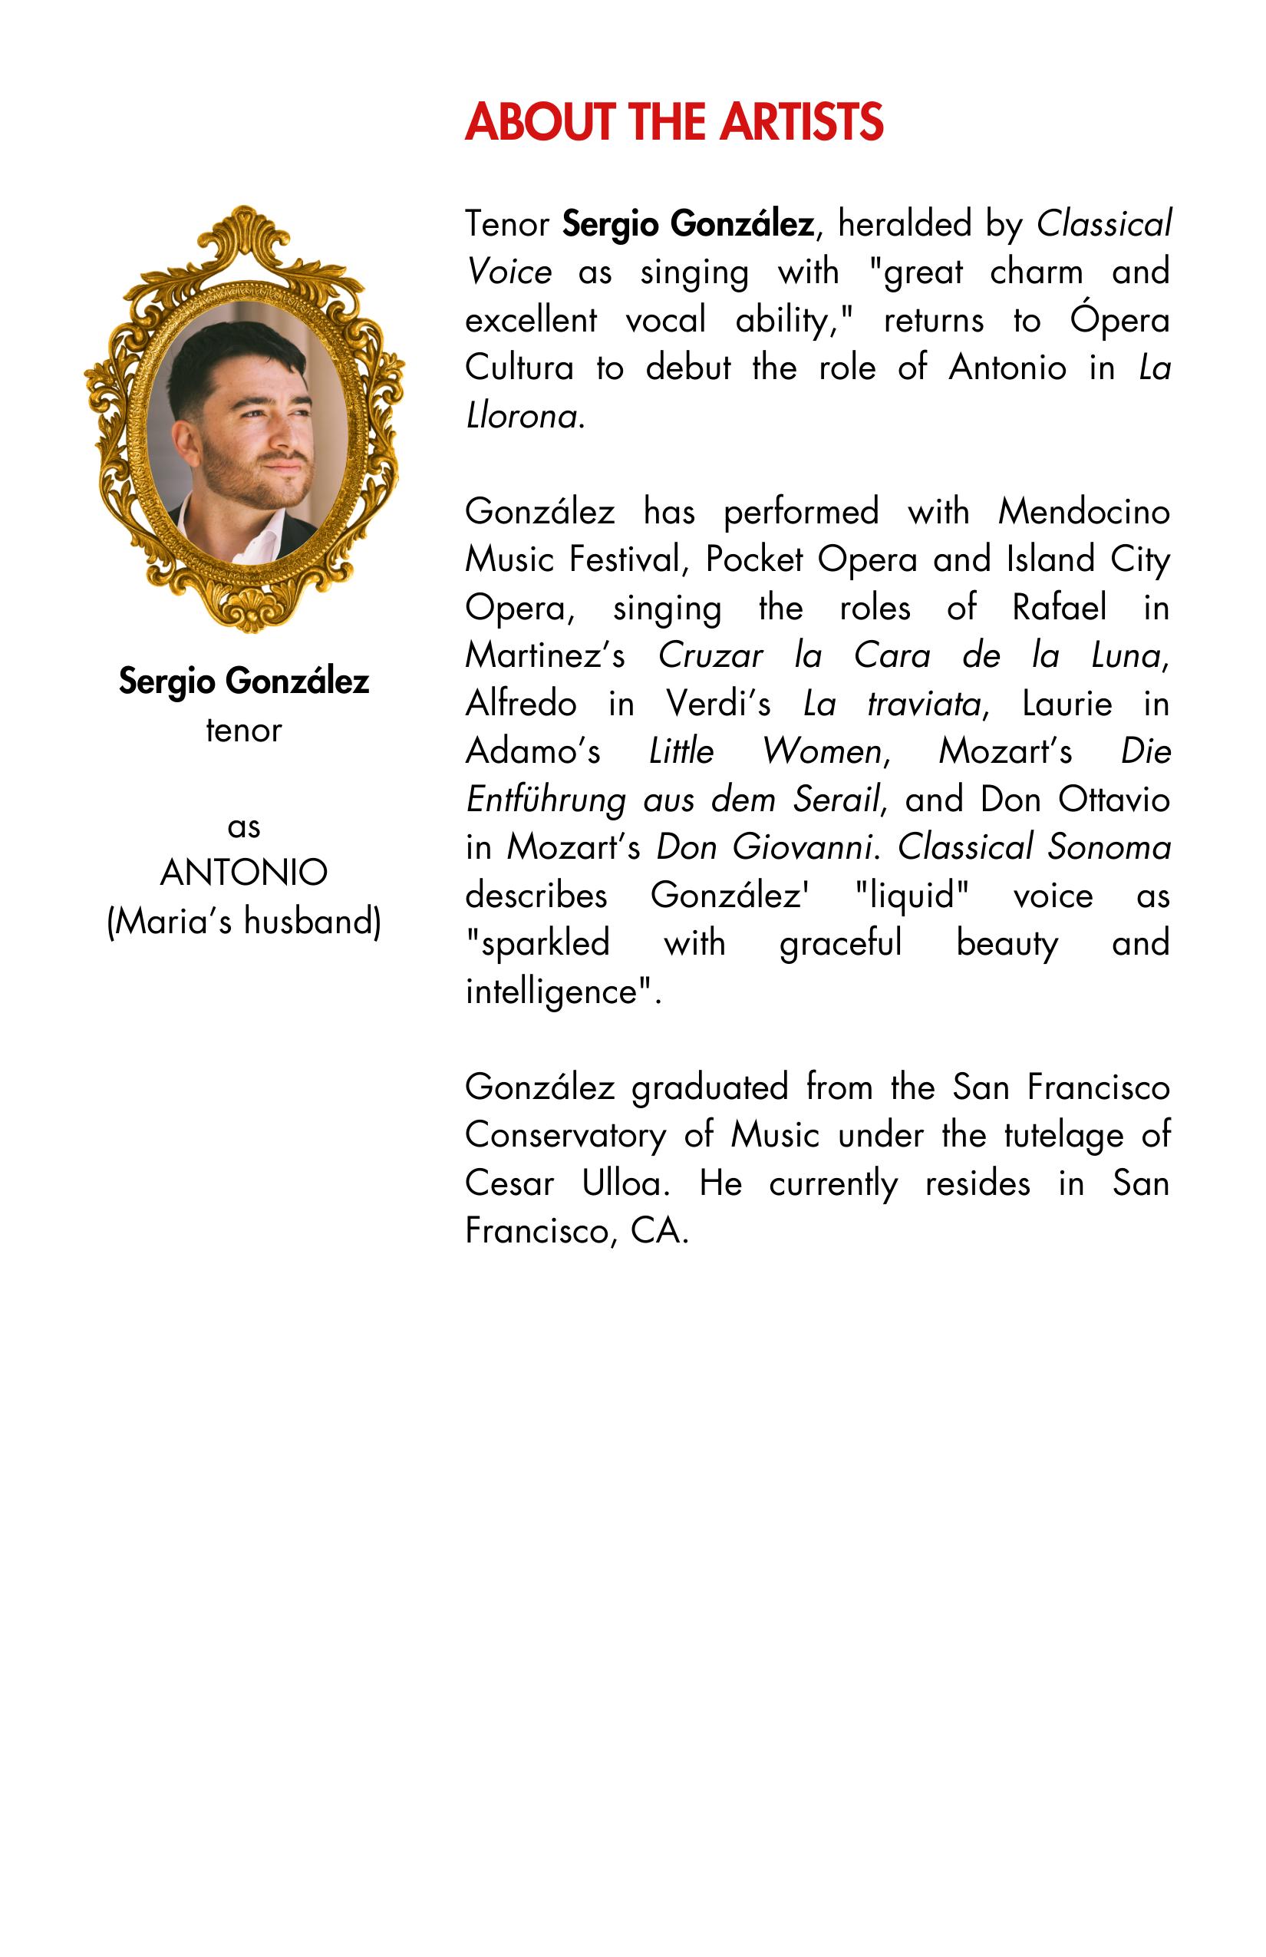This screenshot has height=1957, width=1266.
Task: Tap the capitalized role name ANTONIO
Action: click(244, 873)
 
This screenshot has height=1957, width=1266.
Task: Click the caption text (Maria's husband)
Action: click(244, 921)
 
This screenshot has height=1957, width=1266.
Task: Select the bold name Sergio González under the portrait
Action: click(244, 681)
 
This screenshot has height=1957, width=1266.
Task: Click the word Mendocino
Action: click(1083, 511)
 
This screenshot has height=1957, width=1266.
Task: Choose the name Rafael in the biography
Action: click(1059, 608)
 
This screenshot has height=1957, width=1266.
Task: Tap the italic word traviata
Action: click(924, 704)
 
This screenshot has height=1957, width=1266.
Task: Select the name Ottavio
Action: click(1114, 799)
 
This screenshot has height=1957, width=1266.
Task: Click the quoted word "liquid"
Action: click(912, 896)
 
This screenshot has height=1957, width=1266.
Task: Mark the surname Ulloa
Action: click(625, 1183)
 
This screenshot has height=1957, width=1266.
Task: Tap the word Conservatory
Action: click(565, 1136)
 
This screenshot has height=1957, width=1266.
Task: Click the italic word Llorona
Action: click(522, 416)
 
